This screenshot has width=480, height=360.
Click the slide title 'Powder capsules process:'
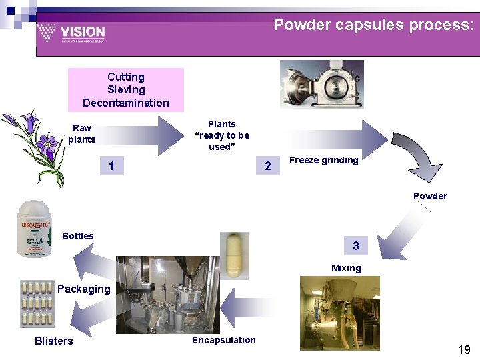click(374, 25)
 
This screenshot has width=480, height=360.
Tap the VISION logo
click(71, 32)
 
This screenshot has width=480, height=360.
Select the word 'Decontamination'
click(126, 103)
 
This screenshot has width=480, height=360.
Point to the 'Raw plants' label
click(82, 133)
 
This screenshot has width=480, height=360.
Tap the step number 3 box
click(356, 246)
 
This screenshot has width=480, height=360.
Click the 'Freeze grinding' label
click(323, 160)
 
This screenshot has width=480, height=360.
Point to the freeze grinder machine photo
click(323, 84)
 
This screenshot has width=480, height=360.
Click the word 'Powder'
click(430, 196)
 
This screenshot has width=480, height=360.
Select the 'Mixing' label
click(346, 268)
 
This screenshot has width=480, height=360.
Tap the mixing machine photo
click(339, 313)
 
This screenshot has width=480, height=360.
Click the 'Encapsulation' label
click(223, 340)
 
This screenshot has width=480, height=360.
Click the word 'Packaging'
click(83, 289)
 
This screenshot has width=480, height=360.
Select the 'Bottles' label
click(77, 236)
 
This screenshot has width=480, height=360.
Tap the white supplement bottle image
click(34, 229)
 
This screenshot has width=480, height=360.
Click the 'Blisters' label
click(53, 341)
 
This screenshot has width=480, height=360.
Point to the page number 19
click(464, 349)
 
